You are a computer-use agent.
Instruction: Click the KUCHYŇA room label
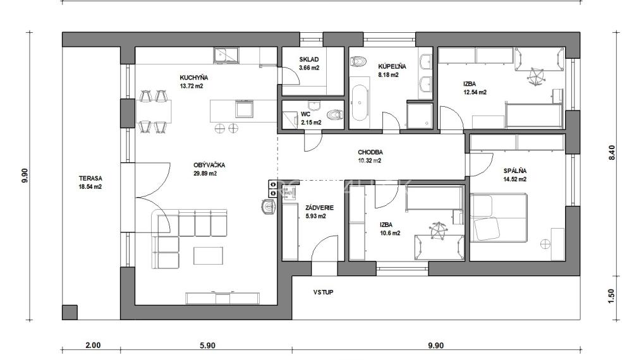(x=194, y=78)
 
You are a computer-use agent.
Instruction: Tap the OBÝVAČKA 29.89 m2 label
(x=209, y=165)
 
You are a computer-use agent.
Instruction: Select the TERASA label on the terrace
(x=90, y=179)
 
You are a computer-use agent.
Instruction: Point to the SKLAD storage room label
(x=309, y=60)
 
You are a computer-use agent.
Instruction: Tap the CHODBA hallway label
(x=370, y=152)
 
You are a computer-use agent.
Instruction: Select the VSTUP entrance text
(x=323, y=292)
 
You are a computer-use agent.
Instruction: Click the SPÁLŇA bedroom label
(x=515, y=171)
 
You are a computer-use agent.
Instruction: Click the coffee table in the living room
(x=209, y=255)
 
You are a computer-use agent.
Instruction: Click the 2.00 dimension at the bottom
(x=92, y=345)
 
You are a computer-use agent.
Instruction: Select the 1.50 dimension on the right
(x=611, y=295)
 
